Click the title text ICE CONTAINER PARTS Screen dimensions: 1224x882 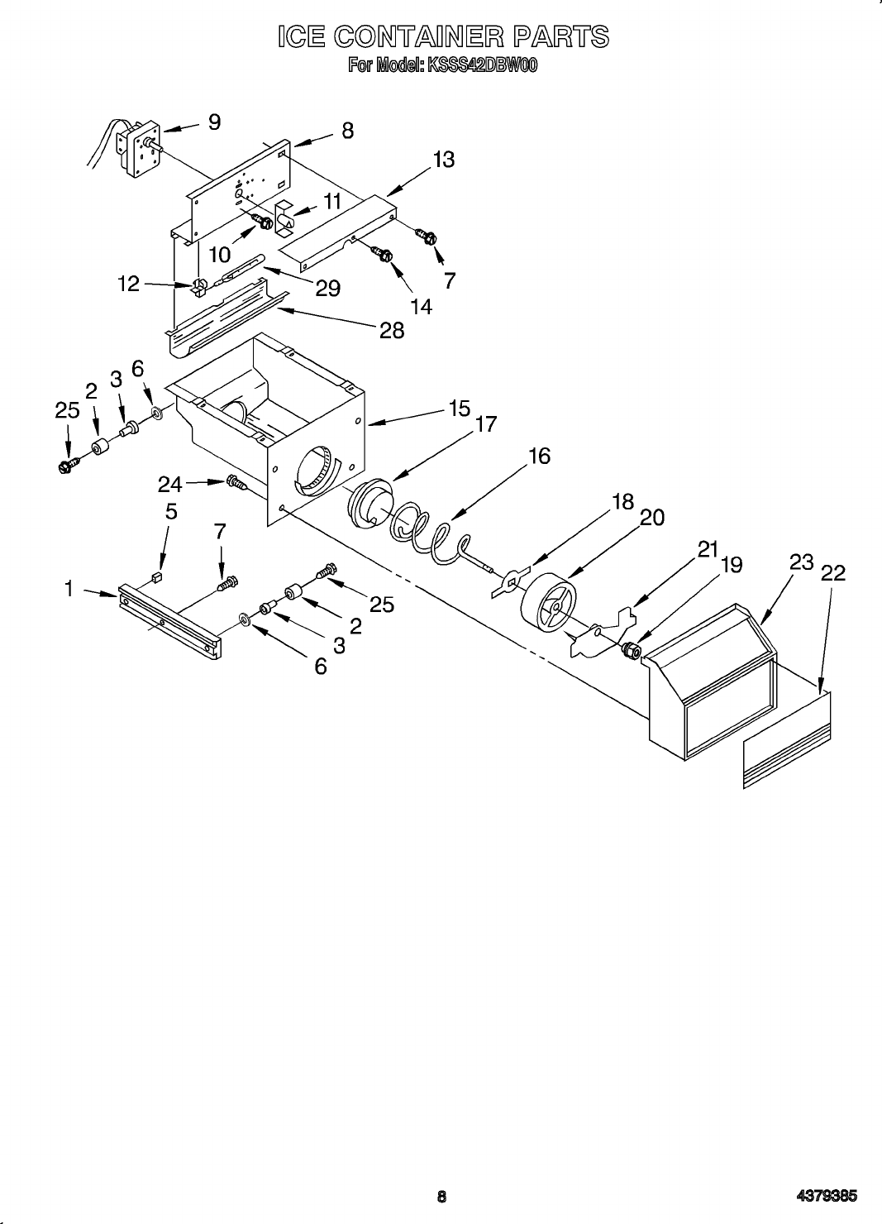coord(443,37)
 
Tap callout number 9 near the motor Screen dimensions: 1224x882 coord(214,123)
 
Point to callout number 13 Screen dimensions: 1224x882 coord(443,160)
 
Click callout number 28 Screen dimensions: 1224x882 coord(392,331)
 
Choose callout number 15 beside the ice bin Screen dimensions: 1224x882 coord(459,409)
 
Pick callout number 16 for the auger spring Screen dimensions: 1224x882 coord(539,456)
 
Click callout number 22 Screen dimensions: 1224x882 coord(833,572)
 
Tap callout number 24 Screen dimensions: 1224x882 coord(169,484)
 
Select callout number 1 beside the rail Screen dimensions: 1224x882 coord(69,589)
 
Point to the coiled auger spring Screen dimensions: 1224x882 coord(430,538)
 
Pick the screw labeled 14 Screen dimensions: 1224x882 coord(384,253)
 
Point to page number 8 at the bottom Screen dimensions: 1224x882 coord(442,1196)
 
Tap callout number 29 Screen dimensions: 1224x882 coord(327,288)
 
